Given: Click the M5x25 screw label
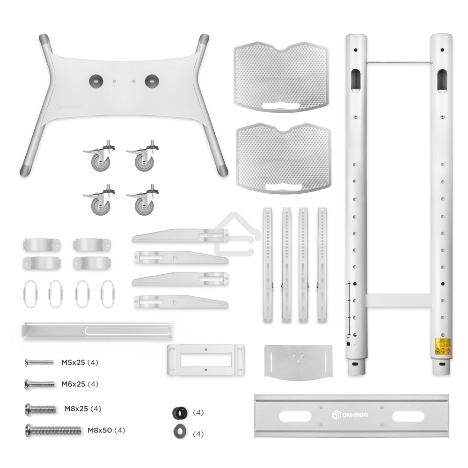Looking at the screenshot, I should pos(73,362).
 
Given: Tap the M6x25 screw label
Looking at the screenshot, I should pos(73,384).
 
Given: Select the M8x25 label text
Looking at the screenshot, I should pos(76,409).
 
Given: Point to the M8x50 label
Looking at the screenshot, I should pos(100,430).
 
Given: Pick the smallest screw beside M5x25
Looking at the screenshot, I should pos(38,362).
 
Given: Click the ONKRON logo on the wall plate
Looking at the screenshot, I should pos(349,415).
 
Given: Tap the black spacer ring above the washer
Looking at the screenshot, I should pos(179,413).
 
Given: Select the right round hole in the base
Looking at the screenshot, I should pos(152,80).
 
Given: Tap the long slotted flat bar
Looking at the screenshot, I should pos(98,330).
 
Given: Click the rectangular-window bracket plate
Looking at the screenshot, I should pos(206,360).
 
